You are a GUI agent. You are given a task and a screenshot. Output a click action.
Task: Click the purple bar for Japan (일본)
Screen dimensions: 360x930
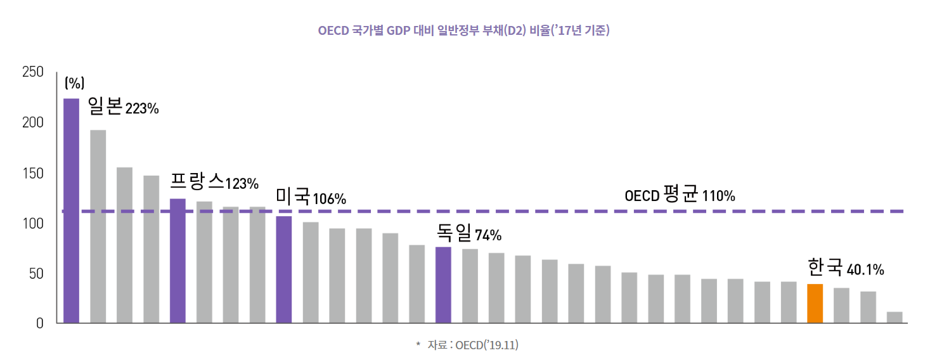[x=72, y=210]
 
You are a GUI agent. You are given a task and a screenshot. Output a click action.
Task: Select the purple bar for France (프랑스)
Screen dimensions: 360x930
[x=178, y=260]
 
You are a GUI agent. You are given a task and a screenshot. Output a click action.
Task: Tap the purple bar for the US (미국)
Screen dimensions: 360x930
[x=284, y=269]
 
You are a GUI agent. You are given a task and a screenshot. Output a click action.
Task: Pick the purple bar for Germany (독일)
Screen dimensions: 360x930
[x=443, y=285]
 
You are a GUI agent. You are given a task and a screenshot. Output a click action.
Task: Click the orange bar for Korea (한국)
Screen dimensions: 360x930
[x=815, y=303]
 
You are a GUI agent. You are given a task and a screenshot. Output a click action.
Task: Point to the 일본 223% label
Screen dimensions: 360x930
[x=123, y=107]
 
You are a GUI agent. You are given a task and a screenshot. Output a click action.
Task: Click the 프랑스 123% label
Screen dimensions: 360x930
[x=214, y=183]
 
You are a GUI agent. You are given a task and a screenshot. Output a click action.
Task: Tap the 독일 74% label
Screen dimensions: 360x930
[x=469, y=234]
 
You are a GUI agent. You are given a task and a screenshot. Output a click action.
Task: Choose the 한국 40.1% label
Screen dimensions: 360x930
[x=846, y=268]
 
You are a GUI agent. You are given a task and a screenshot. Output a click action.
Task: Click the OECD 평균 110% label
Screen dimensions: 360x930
[x=680, y=195]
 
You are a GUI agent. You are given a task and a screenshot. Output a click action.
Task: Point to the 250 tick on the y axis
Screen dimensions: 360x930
[x=32, y=72]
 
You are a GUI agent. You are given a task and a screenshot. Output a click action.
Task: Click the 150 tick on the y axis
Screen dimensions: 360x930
[x=32, y=173]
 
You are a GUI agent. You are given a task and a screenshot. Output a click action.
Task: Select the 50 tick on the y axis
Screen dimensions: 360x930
[x=36, y=274]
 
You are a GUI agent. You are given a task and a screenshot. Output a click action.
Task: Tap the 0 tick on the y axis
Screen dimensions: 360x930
[x=39, y=323]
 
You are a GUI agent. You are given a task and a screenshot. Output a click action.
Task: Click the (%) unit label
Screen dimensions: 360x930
[x=74, y=83]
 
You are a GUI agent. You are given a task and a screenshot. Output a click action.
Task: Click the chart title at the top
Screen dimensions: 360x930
[x=463, y=30]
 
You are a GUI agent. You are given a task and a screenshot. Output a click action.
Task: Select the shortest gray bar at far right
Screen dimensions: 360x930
[x=894, y=317]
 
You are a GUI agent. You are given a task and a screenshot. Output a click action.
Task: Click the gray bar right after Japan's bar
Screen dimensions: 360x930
[x=98, y=226]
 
